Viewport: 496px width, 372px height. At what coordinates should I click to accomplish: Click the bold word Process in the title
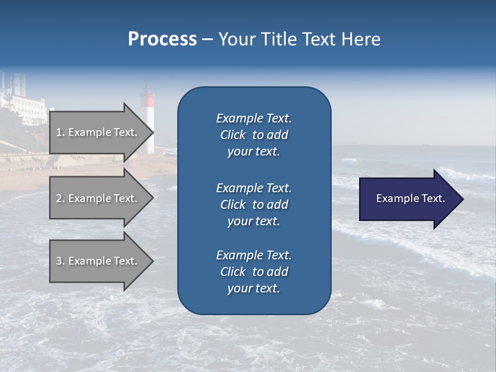coord(162,39)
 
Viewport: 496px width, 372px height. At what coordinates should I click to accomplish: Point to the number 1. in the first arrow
coord(60,133)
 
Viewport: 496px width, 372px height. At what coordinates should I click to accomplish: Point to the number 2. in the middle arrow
coord(60,198)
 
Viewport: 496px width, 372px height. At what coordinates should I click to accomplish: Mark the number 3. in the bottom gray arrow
coord(60,261)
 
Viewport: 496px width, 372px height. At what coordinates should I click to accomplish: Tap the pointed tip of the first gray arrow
coord(151,133)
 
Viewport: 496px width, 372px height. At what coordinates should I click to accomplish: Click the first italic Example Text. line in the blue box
coord(254,118)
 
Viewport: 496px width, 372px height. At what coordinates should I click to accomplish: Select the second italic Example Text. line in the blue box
coord(254,188)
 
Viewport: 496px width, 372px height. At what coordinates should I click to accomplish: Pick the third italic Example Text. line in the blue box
coord(254,255)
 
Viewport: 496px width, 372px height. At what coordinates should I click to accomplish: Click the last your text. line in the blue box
coord(254,289)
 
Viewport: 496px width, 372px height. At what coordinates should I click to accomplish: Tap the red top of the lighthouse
coord(148,93)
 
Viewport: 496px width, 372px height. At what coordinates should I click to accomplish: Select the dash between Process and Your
coord(208,39)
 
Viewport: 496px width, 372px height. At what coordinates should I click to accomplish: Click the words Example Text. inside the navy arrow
coord(411,199)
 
